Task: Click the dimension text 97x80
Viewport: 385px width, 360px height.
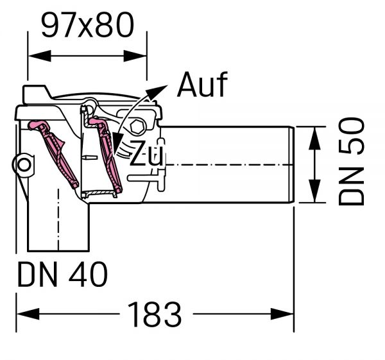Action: click(x=87, y=26)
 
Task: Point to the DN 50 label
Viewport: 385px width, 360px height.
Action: click(x=352, y=162)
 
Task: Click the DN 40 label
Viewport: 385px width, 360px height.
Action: click(x=62, y=275)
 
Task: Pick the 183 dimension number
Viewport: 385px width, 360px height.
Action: click(x=155, y=314)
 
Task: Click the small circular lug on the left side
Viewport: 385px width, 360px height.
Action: click(x=24, y=164)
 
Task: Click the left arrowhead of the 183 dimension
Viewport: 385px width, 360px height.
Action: click(x=23, y=315)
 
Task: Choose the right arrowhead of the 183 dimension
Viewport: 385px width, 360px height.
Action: click(x=287, y=315)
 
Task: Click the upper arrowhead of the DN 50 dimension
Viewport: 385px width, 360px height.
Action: click(x=314, y=135)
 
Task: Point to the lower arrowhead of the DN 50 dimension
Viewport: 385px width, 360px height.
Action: click(x=314, y=194)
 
